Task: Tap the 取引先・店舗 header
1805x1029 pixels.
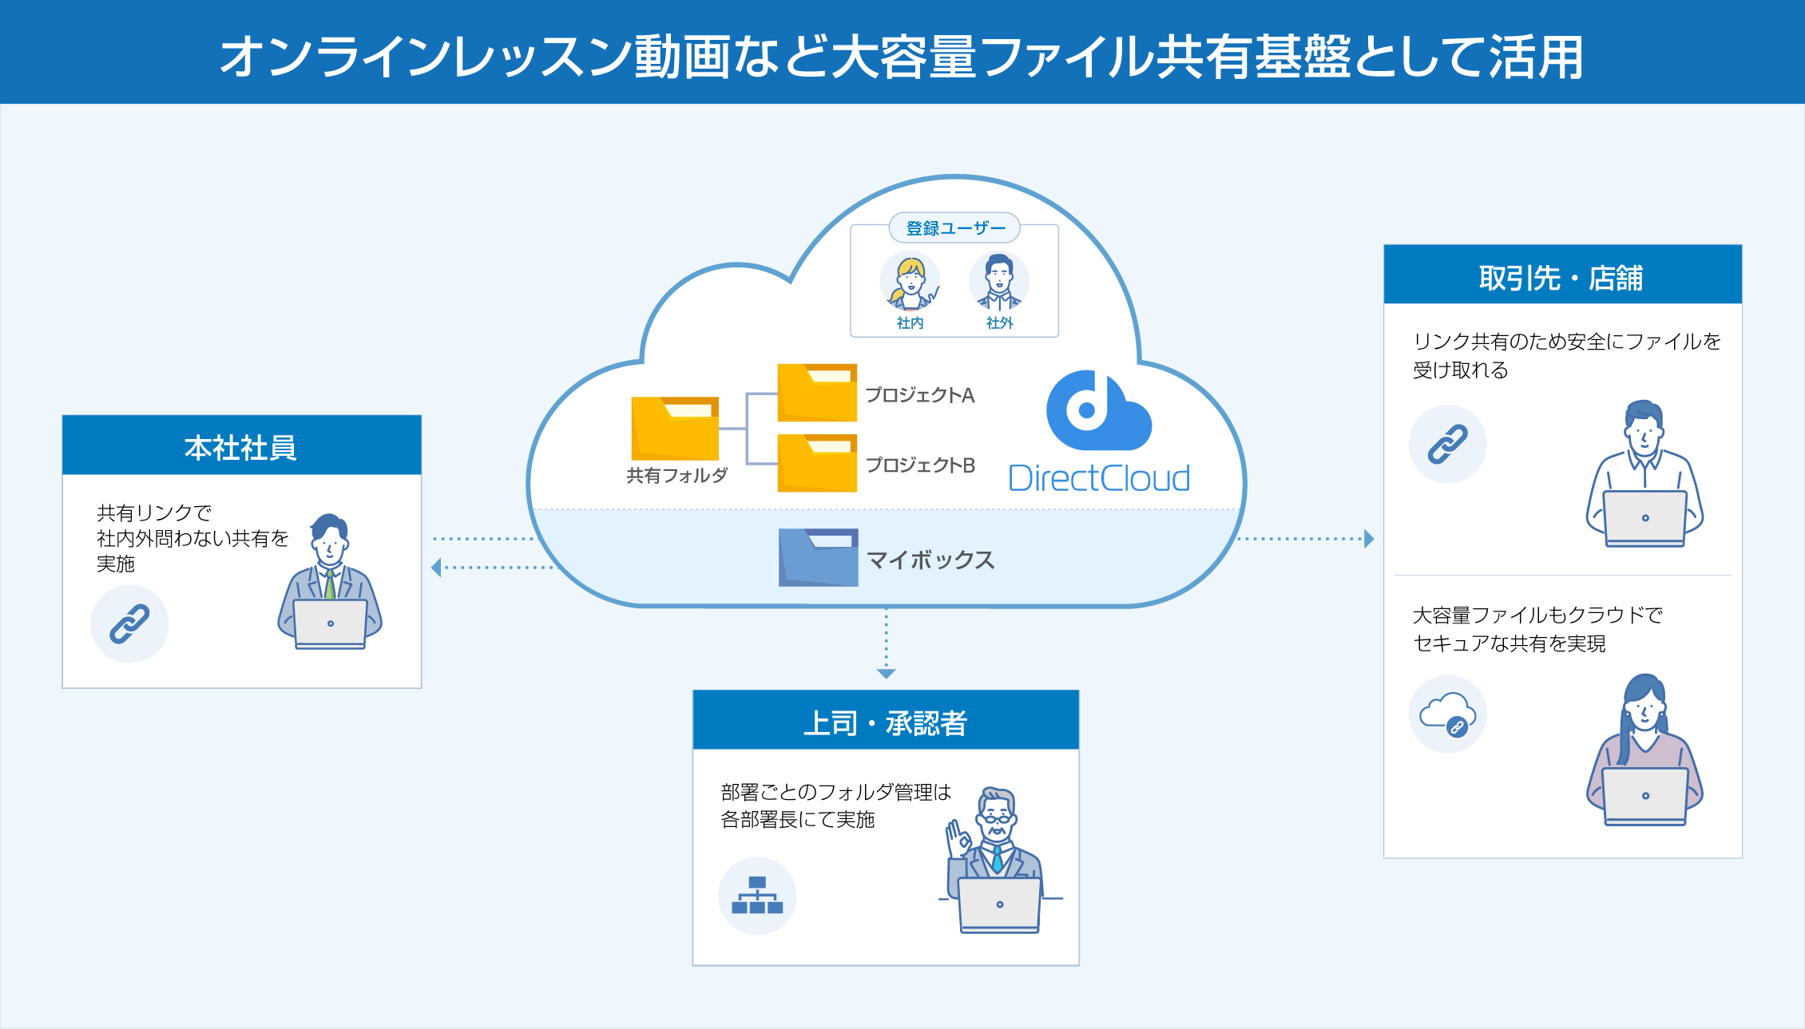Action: pyautogui.click(x=1562, y=275)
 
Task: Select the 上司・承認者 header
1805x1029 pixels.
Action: pyautogui.click(x=885, y=721)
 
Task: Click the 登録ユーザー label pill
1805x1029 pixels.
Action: pyautogui.click(x=954, y=228)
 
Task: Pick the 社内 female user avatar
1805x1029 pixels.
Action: pyautogui.click(x=910, y=281)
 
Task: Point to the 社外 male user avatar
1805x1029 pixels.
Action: pyautogui.click(x=999, y=281)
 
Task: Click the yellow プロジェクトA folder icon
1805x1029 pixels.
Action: pyautogui.click(x=817, y=393)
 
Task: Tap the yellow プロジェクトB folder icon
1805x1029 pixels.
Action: pyautogui.click(x=817, y=463)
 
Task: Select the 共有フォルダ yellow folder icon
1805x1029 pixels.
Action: pyautogui.click(x=675, y=428)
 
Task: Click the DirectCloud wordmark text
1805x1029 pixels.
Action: pyautogui.click(x=1099, y=479)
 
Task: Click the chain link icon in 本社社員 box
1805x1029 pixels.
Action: pyautogui.click(x=129, y=624)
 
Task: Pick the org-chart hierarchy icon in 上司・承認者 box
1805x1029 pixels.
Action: pyautogui.click(x=757, y=896)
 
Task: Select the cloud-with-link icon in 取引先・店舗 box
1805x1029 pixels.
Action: pyautogui.click(x=1447, y=714)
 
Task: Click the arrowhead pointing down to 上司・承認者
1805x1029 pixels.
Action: pyautogui.click(x=886, y=674)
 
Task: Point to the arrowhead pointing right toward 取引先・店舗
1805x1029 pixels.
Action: pyautogui.click(x=1369, y=539)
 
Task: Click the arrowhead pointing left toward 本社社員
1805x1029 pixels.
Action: pyautogui.click(x=436, y=568)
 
